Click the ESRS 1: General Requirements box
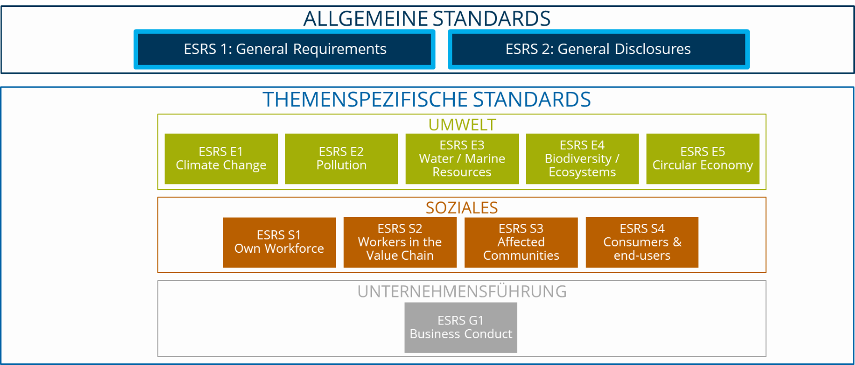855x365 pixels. (284, 49)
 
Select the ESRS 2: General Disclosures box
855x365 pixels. (598, 49)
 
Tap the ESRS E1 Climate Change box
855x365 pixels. (221, 159)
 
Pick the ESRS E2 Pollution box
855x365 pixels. (341, 159)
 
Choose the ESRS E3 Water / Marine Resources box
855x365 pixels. (462, 159)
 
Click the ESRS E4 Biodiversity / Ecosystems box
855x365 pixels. (582, 159)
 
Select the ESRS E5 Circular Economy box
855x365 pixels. (703, 159)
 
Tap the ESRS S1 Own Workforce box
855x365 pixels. (279, 243)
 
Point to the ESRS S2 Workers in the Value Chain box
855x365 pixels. (400, 243)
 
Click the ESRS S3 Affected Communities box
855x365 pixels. (521, 243)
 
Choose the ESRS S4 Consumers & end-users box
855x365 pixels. (642, 243)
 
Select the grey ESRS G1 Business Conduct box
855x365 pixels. (461, 328)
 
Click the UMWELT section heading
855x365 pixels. (462, 125)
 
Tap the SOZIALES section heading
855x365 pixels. (462, 208)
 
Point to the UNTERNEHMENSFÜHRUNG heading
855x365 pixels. (462, 292)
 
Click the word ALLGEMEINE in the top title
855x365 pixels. (366, 19)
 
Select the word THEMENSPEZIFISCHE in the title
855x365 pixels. (365, 99)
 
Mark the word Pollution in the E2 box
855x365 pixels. (341, 165)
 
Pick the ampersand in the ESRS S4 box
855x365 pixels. (677, 242)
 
